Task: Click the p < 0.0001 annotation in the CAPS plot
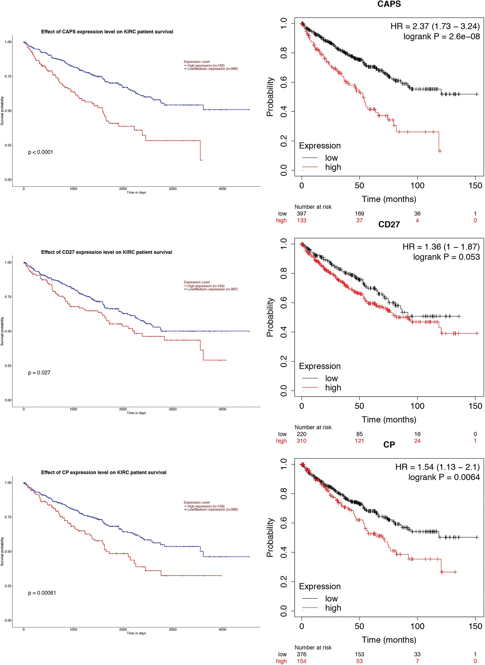pyautogui.click(x=40, y=152)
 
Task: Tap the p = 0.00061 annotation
pyautogui.click(x=42, y=593)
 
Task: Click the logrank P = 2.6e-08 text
pyautogui.click(x=441, y=36)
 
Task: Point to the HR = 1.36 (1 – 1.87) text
pyautogui.click(x=441, y=247)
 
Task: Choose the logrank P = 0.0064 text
pyautogui.click(x=444, y=477)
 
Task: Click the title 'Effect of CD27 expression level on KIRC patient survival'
pyautogui.click(x=107, y=252)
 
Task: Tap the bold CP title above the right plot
pyautogui.click(x=389, y=445)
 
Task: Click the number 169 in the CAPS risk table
pyautogui.click(x=359, y=213)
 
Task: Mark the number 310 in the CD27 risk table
pyautogui.click(x=301, y=441)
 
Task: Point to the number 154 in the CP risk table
pyautogui.click(x=301, y=661)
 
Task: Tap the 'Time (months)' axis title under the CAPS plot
pyautogui.click(x=389, y=199)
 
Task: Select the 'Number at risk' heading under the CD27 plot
pyautogui.click(x=313, y=427)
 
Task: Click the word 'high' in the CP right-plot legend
pyautogui.click(x=333, y=608)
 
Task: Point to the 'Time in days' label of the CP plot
pyautogui.click(x=136, y=633)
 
